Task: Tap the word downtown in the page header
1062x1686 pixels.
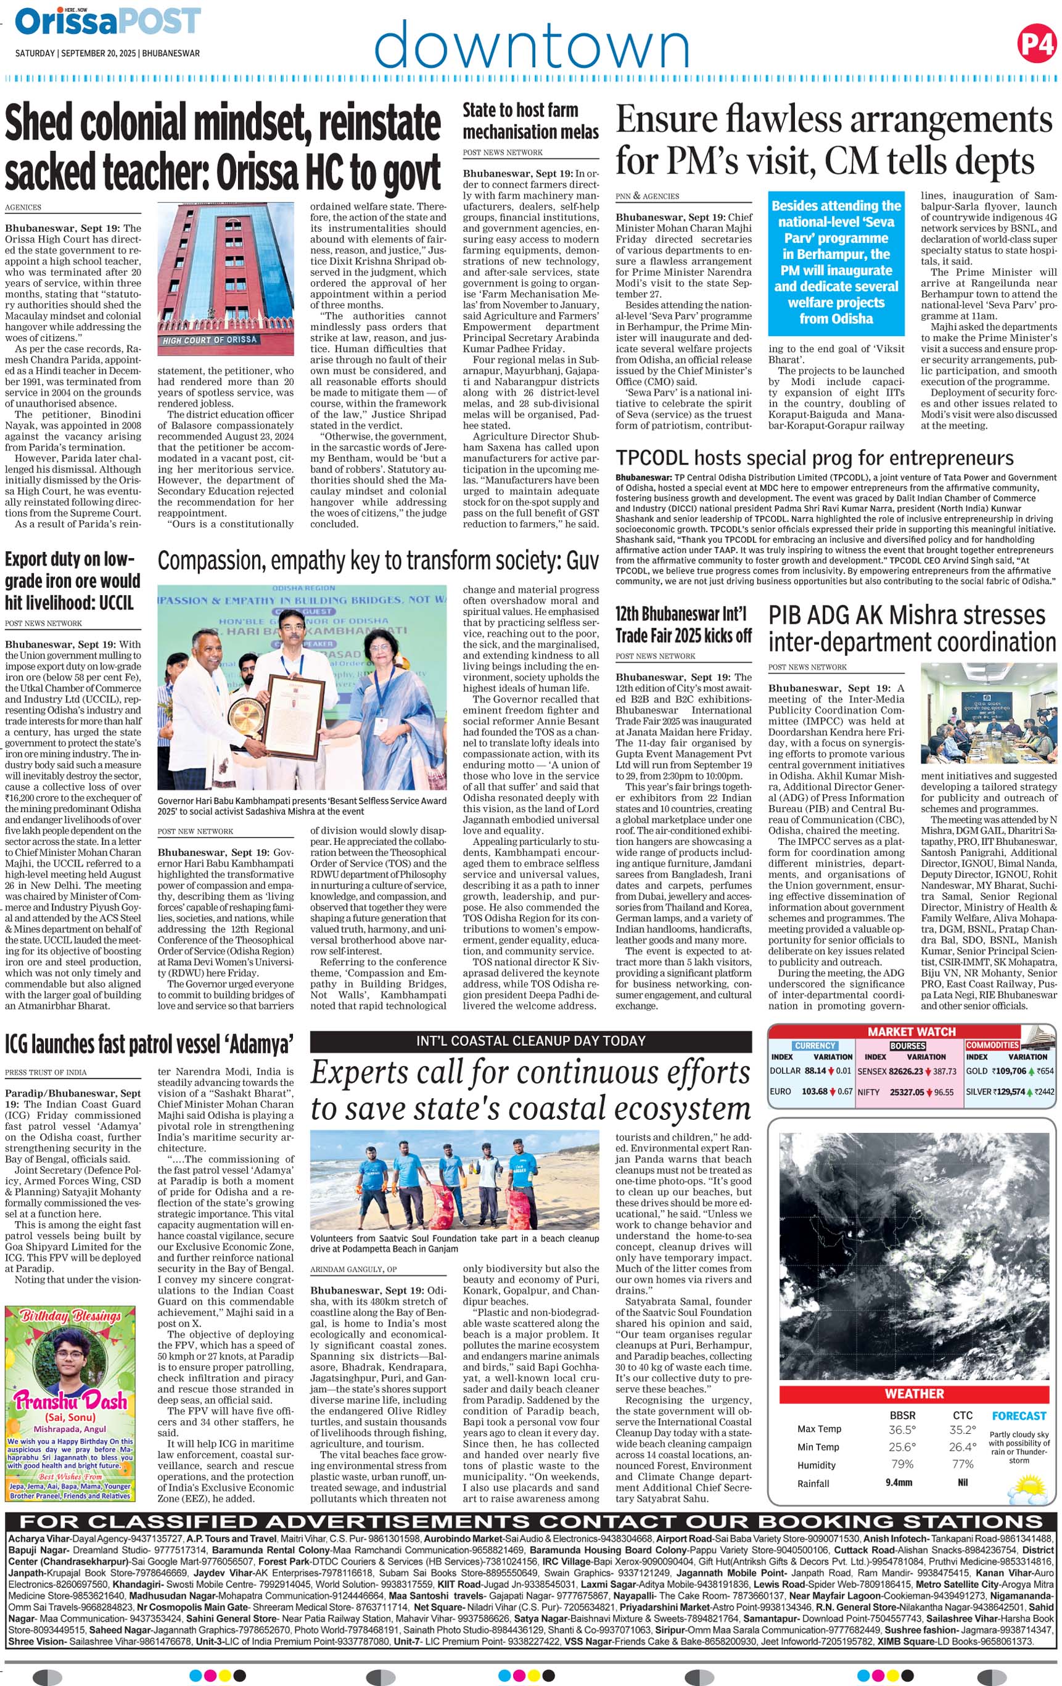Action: [x=532, y=45]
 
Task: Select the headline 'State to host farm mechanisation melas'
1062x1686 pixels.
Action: [x=530, y=121]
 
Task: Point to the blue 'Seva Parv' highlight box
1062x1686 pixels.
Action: [x=836, y=263]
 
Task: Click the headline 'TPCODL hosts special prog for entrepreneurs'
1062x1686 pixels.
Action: [x=814, y=458]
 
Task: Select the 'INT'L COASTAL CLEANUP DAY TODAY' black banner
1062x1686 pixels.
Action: [x=530, y=1041]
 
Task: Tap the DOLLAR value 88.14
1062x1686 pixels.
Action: [x=815, y=1071]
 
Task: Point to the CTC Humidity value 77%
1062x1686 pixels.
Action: [x=963, y=1463]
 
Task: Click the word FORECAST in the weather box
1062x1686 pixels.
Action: [x=1019, y=1416]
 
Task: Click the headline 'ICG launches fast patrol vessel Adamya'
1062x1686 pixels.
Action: [x=149, y=1045]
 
